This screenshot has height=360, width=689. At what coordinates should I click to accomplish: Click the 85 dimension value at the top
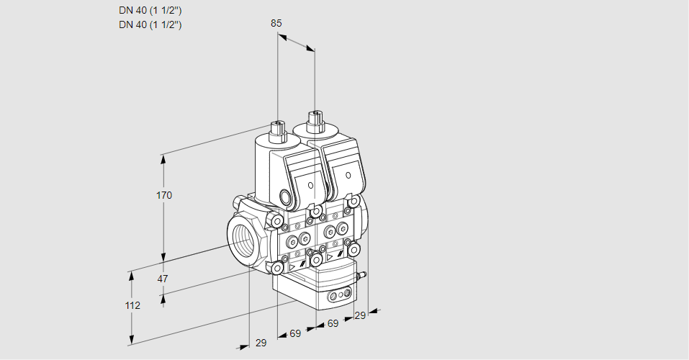pyautogui.click(x=276, y=23)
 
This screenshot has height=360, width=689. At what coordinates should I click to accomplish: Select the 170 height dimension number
pyautogui.click(x=164, y=195)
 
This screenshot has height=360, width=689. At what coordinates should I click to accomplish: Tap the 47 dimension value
pyautogui.click(x=163, y=279)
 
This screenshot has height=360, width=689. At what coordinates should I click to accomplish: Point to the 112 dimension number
pyautogui.click(x=132, y=305)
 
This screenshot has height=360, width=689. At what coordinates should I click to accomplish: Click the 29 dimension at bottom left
pyautogui.click(x=261, y=343)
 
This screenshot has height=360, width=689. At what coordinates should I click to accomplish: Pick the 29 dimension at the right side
pyautogui.click(x=359, y=315)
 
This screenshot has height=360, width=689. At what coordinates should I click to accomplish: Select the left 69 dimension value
pyautogui.click(x=295, y=333)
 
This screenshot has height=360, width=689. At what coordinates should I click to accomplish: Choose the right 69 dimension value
pyautogui.click(x=333, y=323)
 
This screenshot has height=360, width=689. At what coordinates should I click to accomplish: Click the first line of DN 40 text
pyautogui.click(x=150, y=11)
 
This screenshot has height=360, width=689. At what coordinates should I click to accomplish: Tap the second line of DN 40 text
pyautogui.click(x=150, y=24)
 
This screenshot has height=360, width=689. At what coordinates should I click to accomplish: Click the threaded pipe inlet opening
pyautogui.click(x=243, y=238)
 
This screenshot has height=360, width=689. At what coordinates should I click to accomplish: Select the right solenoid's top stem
pyautogui.click(x=314, y=119)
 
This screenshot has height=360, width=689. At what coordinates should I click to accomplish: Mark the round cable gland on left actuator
pyautogui.click(x=286, y=197)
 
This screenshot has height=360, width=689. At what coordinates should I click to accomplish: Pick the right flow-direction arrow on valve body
pyautogui.click(x=330, y=256)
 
